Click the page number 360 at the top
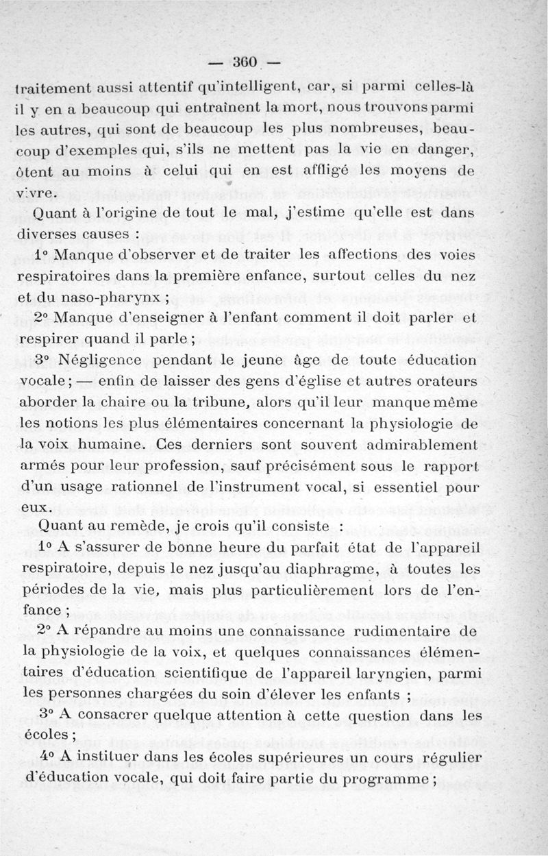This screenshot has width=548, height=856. tap(245, 62)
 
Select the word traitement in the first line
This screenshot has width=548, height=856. tap(53, 88)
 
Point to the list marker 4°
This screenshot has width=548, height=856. tap(46, 756)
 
